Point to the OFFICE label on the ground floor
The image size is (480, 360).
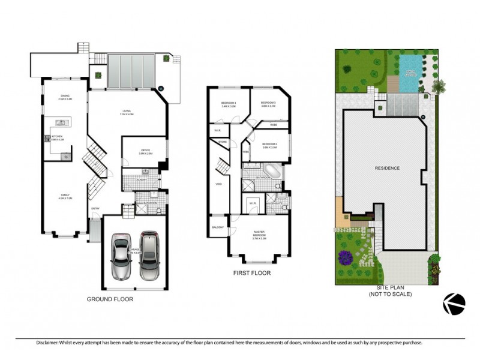pos(145,152)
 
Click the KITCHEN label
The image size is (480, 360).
pos(57,137)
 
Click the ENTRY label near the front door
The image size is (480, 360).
pos(95,208)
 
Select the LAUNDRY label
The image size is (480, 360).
pos(142,179)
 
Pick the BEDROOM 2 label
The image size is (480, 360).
pos(269,145)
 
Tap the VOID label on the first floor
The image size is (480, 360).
pos(219,184)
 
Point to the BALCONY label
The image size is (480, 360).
pos(217,227)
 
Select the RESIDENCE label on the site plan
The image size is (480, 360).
pos(387,168)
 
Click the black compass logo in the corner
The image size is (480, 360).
pos(454,304)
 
